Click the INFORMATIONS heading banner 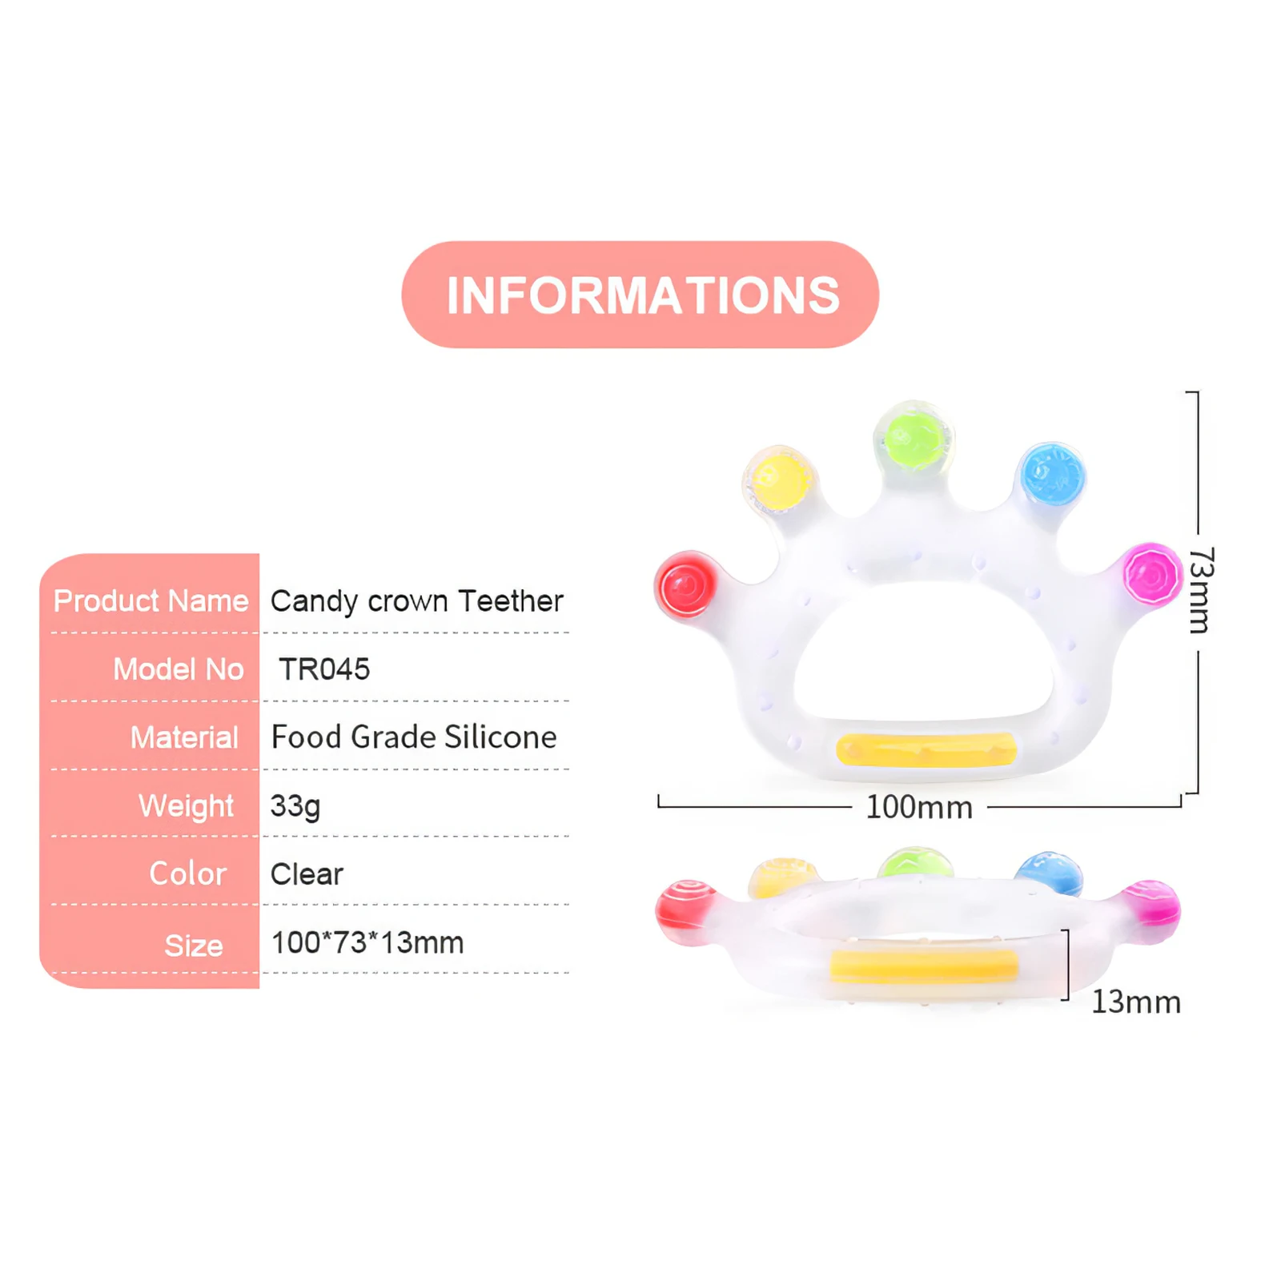(640, 295)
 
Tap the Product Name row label (151, 600)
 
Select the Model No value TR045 (324, 669)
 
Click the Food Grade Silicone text (413, 737)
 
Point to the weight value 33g (295, 805)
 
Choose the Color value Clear (307, 873)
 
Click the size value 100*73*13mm (367, 942)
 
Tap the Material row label (184, 737)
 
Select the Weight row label (186, 805)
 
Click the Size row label (194, 946)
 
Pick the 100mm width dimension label (919, 807)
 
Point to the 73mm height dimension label (1200, 591)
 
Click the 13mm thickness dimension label (1136, 1002)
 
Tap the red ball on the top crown (686, 585)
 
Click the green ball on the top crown (914, 439)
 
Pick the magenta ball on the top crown (1151, 575)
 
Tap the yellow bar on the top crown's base (926, 749)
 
